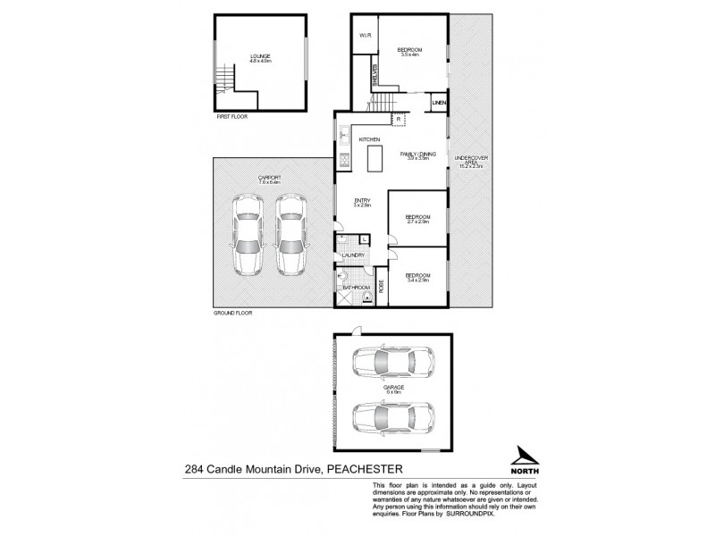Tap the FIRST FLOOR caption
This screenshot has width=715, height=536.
pyautogui.click(x=231, y=117)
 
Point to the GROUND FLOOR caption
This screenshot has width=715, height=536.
pyautogui.click(x=231, y=315)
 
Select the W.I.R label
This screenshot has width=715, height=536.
pyautogui.click(x=366, y=36)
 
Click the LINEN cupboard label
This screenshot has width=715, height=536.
pyautogui.click(x=438, y=104)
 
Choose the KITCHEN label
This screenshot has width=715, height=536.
pyautogui.click(x=370, y=140)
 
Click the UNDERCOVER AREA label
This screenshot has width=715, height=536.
pyautogui.click(x=471, y=162)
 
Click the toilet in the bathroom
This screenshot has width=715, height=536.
pyautogui.click(x=366, y=298)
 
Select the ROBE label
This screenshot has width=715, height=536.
pyautogui.click(x=382, y=288)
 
